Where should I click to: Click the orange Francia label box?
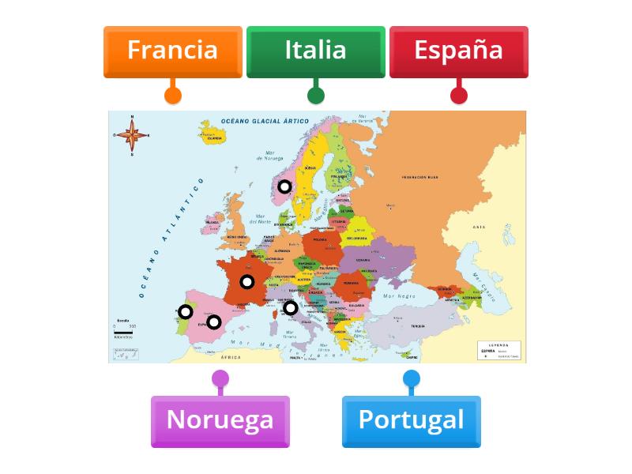pos(172,51)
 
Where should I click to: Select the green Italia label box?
pos(315,51)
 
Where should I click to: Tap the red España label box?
pos(458,51)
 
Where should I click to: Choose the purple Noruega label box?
pos(220,420)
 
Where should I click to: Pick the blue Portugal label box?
pos(411,420)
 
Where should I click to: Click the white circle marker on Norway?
pos(284,187)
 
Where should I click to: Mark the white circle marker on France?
pos(247,282)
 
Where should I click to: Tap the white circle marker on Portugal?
pos(186,312)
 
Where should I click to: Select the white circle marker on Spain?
pos(213,322)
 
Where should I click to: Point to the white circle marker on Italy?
pos(291,308)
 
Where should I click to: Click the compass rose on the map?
pos(132,135)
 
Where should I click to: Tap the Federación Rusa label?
pos(419,178)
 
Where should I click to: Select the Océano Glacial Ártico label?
pos(265,120)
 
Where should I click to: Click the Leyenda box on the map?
pos(499,351)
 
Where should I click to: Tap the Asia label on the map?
pos(479,227)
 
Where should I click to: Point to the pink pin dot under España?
pos(459,96)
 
